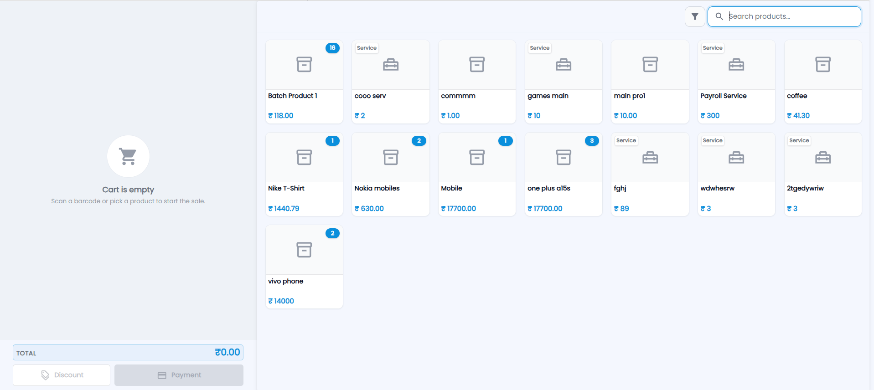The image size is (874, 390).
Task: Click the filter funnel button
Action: (695, 16)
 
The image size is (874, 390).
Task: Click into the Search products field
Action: (784, 16)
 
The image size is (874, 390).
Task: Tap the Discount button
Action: (62, 375)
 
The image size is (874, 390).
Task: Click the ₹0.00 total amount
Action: (227, 352)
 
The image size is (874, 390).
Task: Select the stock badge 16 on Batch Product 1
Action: (332, 48)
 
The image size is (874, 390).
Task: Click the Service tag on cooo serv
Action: (367, 48)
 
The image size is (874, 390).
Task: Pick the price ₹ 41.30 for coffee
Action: (798, 116)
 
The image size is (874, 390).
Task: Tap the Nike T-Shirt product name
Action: (286, 188)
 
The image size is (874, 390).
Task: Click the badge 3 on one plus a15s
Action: (592, 141)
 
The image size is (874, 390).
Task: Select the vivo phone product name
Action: (286, 281)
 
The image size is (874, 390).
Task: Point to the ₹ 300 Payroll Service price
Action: (710, 116)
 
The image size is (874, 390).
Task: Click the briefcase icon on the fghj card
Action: (650, 158)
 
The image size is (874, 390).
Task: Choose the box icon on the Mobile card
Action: (477, 157)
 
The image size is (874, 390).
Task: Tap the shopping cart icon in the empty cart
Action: (128, 156)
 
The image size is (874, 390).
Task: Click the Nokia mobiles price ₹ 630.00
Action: (369, 209)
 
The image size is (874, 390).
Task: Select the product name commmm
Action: (458, 96)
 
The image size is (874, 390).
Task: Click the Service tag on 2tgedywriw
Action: (799, 140)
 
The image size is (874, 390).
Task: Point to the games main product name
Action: (548, 96)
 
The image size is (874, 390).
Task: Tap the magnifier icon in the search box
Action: (719, 16)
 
